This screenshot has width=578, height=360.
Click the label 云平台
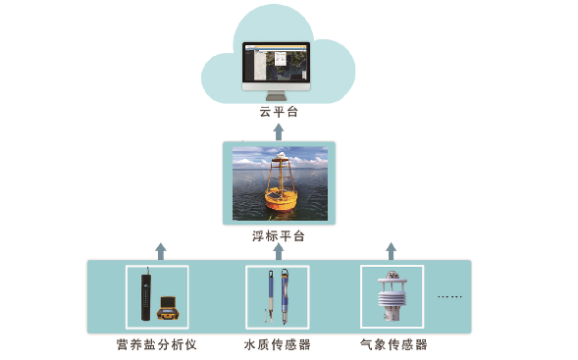tap(279, 113)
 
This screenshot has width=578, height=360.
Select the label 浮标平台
tap(279, 237)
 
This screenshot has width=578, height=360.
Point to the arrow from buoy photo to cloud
tap(279, 130)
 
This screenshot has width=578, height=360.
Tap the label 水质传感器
tap(278, 344)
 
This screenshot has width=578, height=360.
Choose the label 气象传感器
tap(394, 344)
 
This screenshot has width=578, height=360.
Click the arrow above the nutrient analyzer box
tap(161, 251)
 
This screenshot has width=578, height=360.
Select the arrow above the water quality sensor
tap(279, 251)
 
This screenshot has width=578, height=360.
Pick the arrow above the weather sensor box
tap(391, 251)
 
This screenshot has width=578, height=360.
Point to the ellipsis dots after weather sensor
tap(448, 296)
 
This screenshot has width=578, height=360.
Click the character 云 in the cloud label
tap(265, 113)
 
